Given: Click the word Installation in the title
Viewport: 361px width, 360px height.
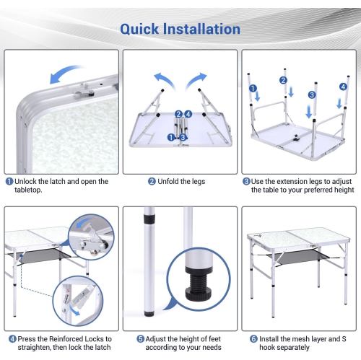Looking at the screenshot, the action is [x=201, y=29].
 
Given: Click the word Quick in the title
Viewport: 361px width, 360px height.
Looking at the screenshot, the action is [x=139, y=30].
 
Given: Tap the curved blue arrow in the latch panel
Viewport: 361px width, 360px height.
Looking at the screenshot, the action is [x=66, y=74].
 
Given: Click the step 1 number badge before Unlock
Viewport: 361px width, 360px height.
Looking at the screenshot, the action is [x=9, y=181].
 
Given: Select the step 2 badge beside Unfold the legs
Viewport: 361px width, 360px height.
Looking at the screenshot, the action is [x=152, y=181].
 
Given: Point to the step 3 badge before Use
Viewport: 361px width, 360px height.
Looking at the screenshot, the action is [x=246, y=181].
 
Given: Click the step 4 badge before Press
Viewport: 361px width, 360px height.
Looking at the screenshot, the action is [x=12, y=339].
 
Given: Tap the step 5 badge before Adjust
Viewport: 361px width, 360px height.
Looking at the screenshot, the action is [x=141, y=339].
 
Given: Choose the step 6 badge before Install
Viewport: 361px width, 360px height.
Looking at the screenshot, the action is [x=253, y=339].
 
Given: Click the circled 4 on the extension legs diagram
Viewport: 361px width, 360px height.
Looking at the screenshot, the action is [x=343, y=87].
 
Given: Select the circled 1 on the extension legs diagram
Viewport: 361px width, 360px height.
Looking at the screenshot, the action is [x=253, y=89].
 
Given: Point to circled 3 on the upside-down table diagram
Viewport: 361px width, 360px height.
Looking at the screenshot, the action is [x=312, y=95].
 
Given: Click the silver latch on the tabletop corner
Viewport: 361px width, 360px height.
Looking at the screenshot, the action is [x=84, y=92].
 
